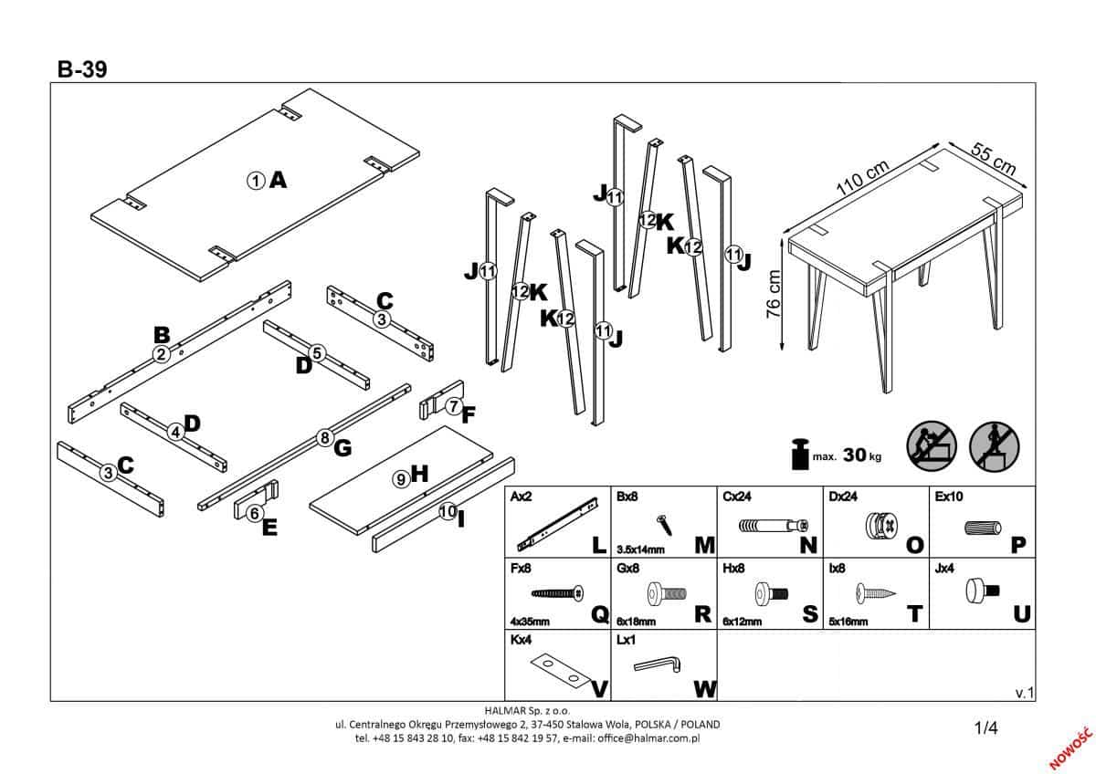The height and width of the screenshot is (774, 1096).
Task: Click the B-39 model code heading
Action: (x=81, y=70)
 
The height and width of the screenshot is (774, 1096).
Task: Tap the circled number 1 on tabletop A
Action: (x=256, y=181)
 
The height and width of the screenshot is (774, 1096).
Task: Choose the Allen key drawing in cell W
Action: (x=655, y=668)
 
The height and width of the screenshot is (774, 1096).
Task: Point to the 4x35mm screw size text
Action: (x=530, y=620)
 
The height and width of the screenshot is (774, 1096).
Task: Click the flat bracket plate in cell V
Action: (x=559, y=671)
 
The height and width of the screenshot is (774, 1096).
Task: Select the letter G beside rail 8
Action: (x=342, y=447)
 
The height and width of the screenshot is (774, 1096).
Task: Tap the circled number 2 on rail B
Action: (x=161, y=355)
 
